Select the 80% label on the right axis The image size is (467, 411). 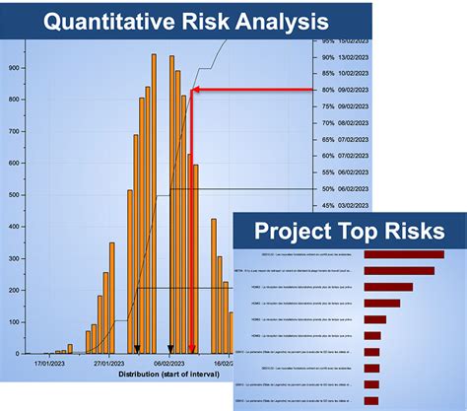point(327,91)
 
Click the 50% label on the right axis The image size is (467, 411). point(327,188)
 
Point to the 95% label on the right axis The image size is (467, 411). point(327,41)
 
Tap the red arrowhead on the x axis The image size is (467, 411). point(191,348)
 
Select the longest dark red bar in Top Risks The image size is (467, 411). point(405,255)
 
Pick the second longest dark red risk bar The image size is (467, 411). point(399,271)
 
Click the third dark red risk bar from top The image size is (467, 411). point(388,288)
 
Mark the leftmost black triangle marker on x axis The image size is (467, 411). point(137,348)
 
